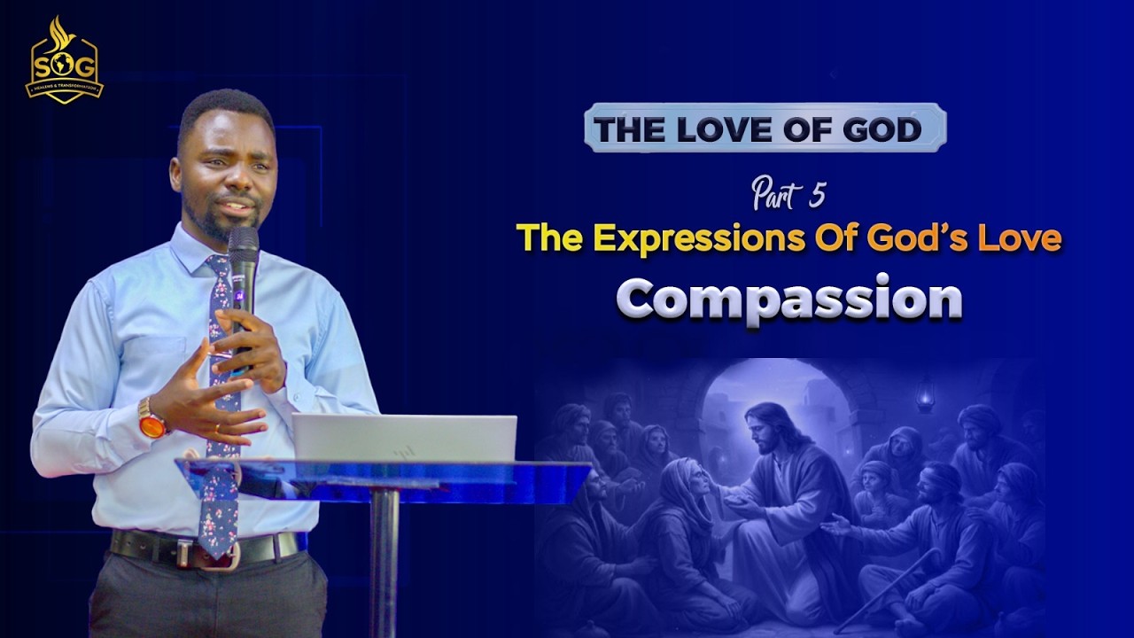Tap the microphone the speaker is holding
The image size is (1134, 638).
242,266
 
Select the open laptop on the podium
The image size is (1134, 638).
404,438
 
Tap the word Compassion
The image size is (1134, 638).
789,299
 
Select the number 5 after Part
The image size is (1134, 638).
815,198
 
